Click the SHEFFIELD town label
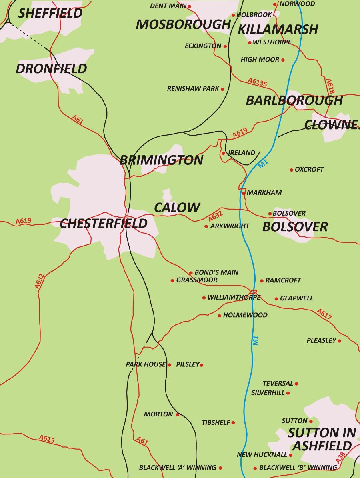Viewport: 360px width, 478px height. pos(50,13)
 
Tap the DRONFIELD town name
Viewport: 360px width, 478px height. pos(51,69)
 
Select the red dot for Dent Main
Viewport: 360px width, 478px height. pos(189,6)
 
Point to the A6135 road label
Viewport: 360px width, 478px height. pos(257,82)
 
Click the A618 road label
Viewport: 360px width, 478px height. pos(330,86)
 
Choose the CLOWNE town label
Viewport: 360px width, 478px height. pos(330,125)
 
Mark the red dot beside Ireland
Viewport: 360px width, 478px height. pos(224,153)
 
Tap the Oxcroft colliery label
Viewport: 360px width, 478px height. pos(309,169)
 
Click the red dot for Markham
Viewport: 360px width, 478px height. pos(243,193)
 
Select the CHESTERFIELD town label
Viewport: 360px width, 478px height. pos(104,224)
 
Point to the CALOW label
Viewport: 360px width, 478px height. pos(177,208)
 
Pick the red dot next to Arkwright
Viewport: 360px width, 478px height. pos(206,226)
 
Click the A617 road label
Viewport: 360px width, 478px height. pos(324,314)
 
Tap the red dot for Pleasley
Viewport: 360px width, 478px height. pos(339,341)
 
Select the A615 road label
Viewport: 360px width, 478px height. pos(46,439)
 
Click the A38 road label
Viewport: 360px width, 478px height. pos(340,458)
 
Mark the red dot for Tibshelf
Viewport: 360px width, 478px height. pos(233,423)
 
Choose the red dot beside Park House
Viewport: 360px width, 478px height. pos(169,365)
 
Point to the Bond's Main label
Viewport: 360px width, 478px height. pos(216,272)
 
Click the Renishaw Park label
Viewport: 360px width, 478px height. pos(193,89)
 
